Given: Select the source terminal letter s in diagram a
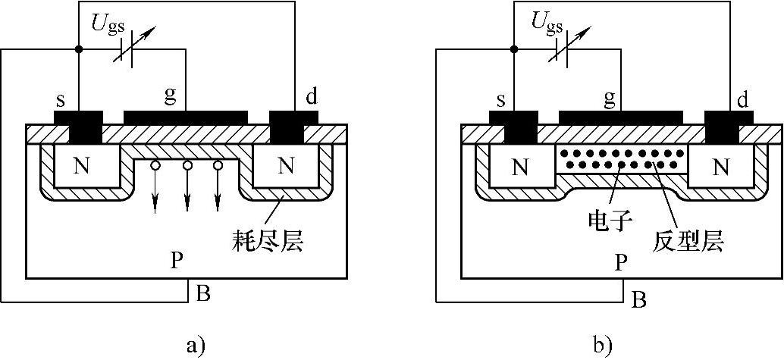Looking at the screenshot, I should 60,101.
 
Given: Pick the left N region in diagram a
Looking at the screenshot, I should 80,167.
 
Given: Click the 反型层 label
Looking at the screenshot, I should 687,241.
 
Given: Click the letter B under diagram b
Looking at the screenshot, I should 639,300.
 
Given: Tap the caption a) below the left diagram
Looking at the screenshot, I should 195,346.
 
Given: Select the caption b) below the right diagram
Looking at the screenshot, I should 603,346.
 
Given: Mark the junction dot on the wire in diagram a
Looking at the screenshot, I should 79,49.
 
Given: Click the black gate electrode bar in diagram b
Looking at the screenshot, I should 620,115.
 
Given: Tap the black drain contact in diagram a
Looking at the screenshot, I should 294,125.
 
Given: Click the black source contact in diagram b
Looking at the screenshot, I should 513,125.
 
